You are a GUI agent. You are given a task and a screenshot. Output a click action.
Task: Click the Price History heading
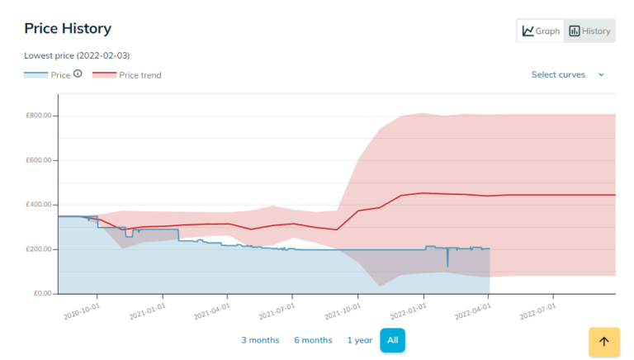pos(68,29)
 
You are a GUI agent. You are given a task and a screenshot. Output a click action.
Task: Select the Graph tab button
pos(541,31)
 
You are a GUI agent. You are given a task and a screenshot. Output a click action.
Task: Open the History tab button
pos(589,31)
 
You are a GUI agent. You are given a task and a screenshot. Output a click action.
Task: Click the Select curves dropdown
pos(567,74)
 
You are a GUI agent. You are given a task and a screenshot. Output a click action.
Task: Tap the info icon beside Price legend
pos(78,73)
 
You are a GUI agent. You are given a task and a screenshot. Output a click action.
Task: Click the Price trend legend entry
pos(127,75)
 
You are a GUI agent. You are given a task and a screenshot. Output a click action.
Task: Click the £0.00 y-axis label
pos(41,294)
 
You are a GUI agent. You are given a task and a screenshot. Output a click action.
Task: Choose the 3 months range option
pos(260,340)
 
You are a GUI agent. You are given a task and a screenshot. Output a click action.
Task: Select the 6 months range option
pos(313,340)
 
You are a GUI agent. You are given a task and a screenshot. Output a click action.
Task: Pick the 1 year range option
pos(359,340)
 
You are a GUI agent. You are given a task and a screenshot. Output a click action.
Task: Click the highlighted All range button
pos(392,340)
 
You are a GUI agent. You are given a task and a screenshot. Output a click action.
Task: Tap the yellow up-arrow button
pos(603,341)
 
